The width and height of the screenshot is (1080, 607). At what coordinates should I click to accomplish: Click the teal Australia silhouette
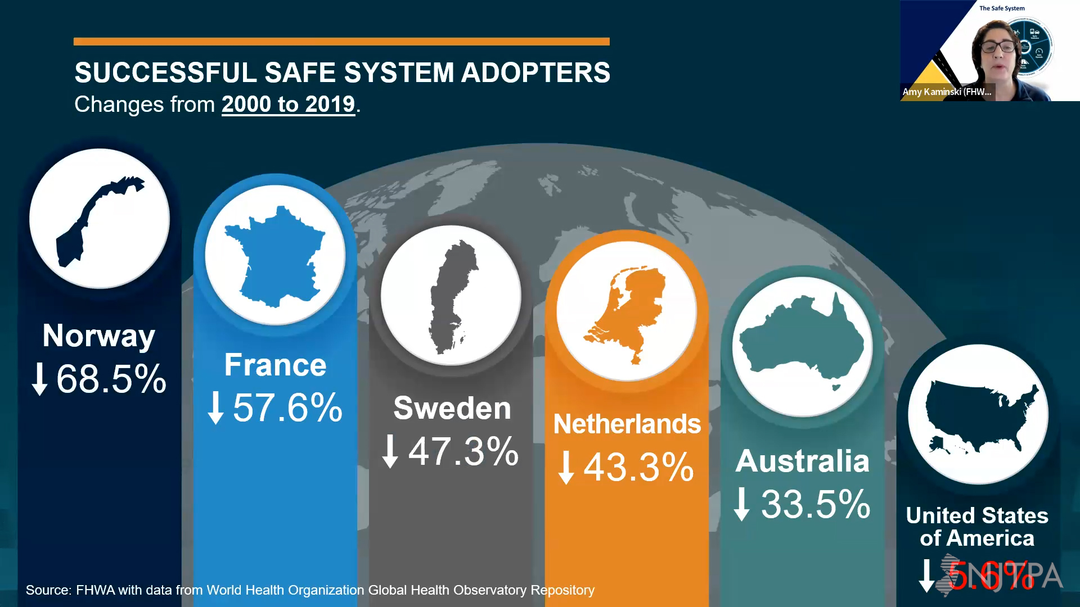(x=802, y=340)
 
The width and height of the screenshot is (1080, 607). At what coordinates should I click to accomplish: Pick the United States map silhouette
(x=979, y=413)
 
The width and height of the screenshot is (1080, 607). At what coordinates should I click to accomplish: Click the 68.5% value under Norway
(x=111, y=379)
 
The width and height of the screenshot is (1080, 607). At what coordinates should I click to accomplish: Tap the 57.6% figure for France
(x=287, y=407)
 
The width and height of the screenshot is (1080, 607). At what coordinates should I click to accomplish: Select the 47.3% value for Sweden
(x=463, y=451)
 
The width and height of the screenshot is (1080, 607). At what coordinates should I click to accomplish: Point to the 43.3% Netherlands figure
(x=638, y=467)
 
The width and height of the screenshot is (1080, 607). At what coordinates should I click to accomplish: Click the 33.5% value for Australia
(x=816, y=504)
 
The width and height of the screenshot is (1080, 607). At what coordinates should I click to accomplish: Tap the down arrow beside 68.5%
(x=39, y=379)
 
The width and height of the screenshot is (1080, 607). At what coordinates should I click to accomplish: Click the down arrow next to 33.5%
(x=742, y=504)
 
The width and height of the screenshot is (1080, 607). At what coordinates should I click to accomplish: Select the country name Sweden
(x=452, y=408)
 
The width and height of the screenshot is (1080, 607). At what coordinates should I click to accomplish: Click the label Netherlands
(x=627, y=424)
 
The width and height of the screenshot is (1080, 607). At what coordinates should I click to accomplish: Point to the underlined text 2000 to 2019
(x=288, y=105)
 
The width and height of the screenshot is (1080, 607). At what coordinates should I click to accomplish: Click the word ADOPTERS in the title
(x=535, y=73)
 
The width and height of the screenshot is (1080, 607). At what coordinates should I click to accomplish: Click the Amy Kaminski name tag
(x=947, y=92)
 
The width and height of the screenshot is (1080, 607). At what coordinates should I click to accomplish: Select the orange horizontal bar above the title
(x=341, y=42)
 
